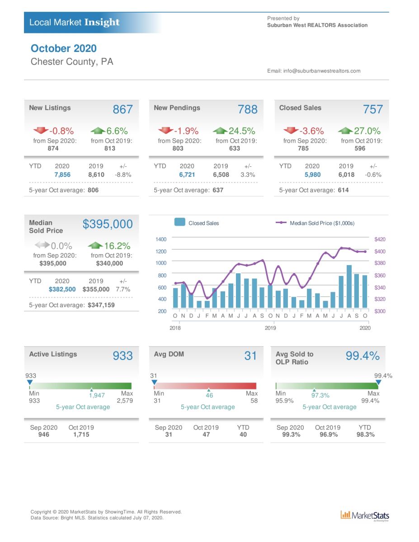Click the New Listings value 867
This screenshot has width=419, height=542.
pos(122,109)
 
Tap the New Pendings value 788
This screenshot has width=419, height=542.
pos(247,109)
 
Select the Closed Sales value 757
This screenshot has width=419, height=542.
pos(373,109)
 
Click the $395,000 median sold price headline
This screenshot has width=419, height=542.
pos(108,224)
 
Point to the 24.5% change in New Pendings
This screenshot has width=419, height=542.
pos(242,131)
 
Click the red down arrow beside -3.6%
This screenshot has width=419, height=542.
pos(291,130)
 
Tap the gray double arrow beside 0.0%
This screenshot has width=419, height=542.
pos(42,245)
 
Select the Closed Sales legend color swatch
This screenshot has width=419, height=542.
pos(180,222)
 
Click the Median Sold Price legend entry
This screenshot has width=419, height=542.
pos(315,223)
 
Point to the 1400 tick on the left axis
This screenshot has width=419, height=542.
pos(161,239)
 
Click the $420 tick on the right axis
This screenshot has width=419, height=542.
pos(380,239)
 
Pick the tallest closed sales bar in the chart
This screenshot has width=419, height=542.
pos(349,286)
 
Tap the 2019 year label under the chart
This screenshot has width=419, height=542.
pos(270,328)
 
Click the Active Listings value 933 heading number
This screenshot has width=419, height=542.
pos(122,355)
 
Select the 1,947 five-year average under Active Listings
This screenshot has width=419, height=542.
pos(97,395)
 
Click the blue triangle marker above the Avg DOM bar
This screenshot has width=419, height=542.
pos(154,382)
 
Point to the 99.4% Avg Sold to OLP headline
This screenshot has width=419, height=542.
pos(363,355)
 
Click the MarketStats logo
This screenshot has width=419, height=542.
pos(365,516)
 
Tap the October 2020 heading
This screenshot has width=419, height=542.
pos(64,48)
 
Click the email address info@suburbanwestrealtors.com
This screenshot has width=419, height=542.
pos(322,71)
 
